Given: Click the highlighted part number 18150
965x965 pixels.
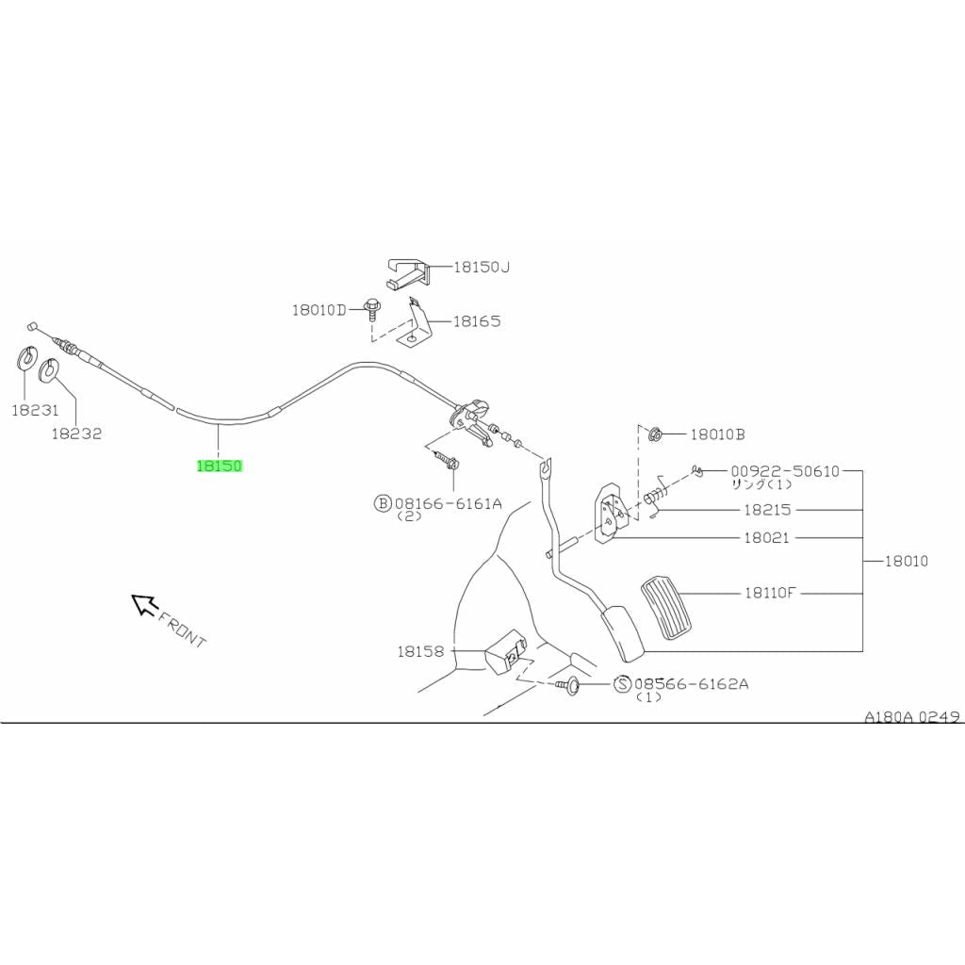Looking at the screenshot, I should [220, 466].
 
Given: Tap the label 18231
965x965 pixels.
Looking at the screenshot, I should [35, 411].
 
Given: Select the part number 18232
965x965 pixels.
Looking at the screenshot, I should [76, 433].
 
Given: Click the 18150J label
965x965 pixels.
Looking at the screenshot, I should [481, 268].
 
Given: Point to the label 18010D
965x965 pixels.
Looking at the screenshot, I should [319, 309].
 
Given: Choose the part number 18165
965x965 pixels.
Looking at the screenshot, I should [476, 321].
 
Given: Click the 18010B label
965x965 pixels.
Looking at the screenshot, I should [717, 434].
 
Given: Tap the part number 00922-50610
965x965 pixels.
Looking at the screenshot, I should [784, 471].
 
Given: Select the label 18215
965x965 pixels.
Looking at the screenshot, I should [767, 510].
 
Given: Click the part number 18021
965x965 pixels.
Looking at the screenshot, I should [767, 538].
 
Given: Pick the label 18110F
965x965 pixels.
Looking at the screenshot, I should [770, 594].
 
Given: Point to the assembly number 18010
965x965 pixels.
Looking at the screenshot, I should [906, 561].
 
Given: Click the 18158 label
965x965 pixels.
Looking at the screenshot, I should [419, 651].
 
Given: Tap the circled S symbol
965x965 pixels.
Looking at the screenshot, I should [623, 684].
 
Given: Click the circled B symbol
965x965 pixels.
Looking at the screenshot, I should [383, 503].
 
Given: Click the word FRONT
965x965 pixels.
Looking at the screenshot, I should [183, 630].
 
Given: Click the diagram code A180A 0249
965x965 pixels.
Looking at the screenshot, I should [912, 716].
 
